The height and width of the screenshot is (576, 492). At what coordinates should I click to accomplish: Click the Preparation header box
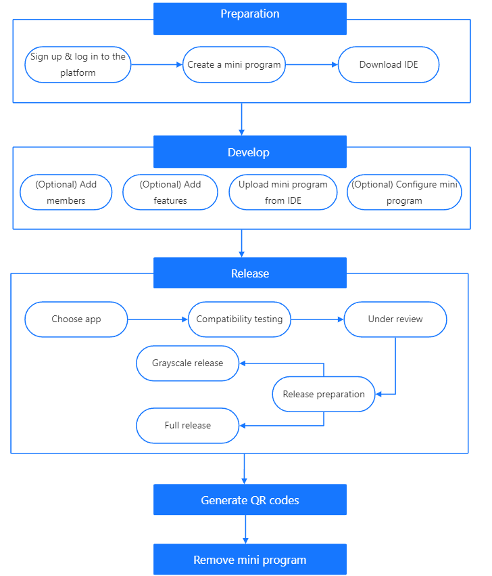(249, 18)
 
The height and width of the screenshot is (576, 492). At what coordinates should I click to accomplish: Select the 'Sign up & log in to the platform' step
(78, 65)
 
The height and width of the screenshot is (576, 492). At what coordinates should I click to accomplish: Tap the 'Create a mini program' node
(235, 65)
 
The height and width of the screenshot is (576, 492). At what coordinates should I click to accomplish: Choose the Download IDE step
(389, 65)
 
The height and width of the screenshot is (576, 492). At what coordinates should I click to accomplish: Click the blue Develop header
(249, 152)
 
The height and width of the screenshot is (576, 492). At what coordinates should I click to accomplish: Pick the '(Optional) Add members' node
(66, 192)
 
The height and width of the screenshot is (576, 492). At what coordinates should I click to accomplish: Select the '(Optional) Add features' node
(170, 192)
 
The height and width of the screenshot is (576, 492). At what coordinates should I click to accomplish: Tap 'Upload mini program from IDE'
(283, 192)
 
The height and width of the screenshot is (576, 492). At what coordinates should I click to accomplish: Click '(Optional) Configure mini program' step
(404, 192)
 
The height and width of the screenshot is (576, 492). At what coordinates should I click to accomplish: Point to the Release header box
(249, 273)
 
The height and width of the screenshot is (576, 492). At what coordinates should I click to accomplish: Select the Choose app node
(76, 319)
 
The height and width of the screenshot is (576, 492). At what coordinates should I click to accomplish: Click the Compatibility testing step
(239, 319)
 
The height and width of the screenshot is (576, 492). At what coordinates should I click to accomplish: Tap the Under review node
(395, 319)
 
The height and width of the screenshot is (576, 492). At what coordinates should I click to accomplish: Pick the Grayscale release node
(188, 363)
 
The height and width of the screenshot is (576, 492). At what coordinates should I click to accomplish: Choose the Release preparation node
(324, 394)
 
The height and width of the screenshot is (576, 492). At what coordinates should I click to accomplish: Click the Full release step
(188, 426)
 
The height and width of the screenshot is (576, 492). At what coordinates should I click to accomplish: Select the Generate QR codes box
(249, 500)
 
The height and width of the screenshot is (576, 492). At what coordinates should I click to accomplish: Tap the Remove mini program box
(249, 560)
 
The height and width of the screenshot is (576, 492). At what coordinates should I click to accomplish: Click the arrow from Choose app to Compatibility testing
(157, 319)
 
